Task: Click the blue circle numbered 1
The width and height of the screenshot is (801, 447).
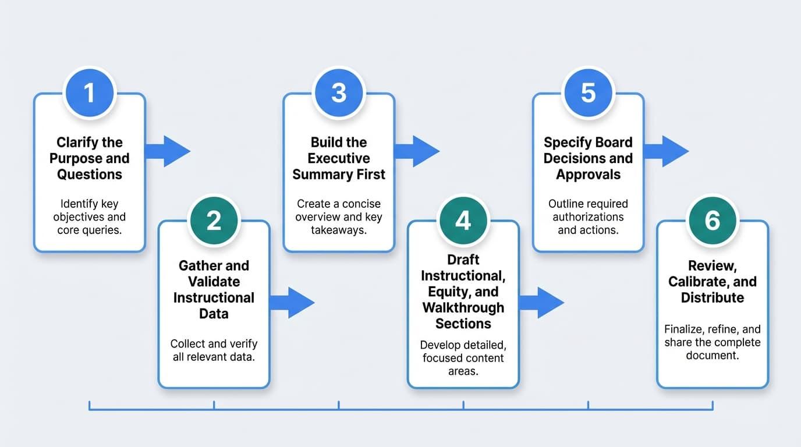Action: [89, 93]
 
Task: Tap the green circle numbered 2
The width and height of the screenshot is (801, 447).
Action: [214, 221]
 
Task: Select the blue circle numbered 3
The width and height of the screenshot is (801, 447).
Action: [339, 93]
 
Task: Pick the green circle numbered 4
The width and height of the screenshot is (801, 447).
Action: [463, 221]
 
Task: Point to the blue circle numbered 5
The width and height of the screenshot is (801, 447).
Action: [588, 93]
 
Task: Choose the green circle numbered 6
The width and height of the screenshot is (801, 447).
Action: [713, 221]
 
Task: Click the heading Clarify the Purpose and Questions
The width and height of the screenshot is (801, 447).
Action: [89, 158]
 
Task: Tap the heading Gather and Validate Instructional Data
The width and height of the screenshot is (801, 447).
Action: [214, 289]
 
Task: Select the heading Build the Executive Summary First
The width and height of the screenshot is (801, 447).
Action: [339, 158]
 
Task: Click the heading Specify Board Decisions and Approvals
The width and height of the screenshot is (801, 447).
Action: [588, 158]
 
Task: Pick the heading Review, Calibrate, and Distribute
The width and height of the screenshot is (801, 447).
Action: [713, 282]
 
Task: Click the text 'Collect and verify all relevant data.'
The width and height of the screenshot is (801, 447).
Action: [214, 350]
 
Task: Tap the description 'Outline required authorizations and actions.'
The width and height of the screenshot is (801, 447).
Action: [588, 217]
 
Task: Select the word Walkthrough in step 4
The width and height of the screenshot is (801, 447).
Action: [463, 307]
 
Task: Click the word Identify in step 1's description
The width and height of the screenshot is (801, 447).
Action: [80, 204]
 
